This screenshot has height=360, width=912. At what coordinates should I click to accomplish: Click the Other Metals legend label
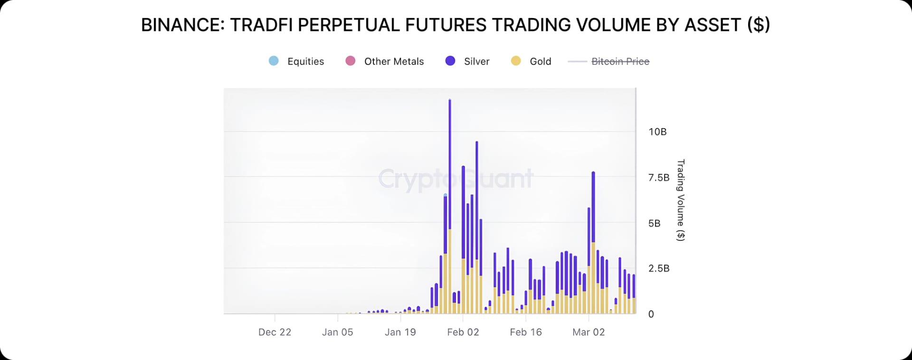click(x=394, y=61)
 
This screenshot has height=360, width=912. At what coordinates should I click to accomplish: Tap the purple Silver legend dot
click(x=450, y=61)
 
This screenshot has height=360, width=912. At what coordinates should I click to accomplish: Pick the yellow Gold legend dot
click(x=516, y=61)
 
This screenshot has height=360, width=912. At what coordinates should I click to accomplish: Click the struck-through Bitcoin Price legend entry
click(x=620, y=61)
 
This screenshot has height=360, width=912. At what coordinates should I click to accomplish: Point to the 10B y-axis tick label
click(x=657, y=132)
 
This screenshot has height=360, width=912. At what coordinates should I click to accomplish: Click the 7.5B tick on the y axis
click(x=658, y=178)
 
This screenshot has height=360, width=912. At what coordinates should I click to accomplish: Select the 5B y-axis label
click(x=654, y=223)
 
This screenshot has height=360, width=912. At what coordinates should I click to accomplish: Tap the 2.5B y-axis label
click(x=658, y=268)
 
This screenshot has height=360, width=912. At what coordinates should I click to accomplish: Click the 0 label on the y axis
click(x=651, y=314)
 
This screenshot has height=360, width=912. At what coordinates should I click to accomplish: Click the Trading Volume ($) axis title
click(x=680, y=200)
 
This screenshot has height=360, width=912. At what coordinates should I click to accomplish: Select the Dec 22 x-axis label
click(x=275, y=332)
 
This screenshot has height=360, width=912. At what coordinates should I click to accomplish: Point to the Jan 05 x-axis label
click(x=337, y=332)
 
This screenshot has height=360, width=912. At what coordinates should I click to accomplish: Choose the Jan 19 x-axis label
click(x=400, y=332)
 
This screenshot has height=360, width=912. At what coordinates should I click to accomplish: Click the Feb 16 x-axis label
click(x=525, y=332)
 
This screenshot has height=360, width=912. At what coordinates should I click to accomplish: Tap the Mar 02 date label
click(x=589, y=332)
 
